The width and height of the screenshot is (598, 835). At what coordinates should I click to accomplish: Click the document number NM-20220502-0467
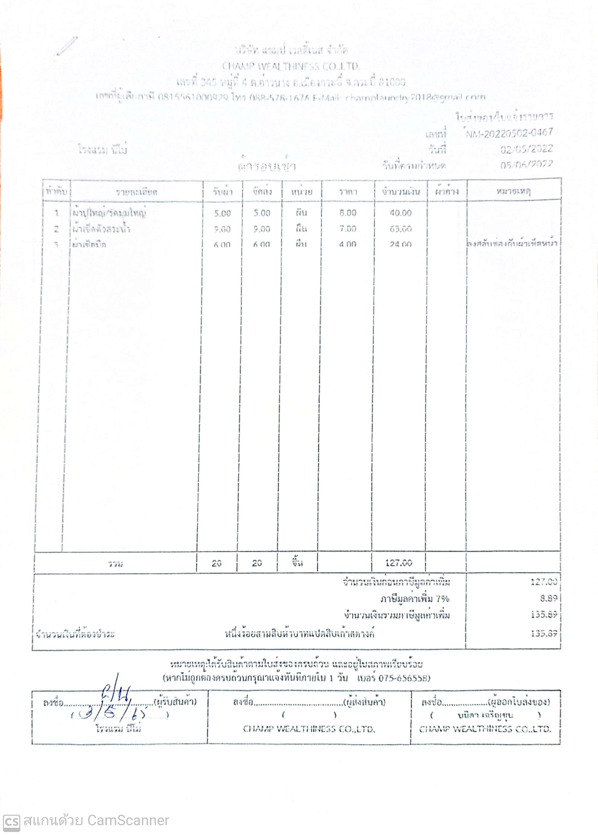509,133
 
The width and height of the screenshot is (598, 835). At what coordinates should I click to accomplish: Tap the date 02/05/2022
526,149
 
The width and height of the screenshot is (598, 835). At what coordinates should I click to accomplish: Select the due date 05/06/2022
526,165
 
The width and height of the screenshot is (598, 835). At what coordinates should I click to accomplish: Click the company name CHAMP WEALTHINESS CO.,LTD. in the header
291,66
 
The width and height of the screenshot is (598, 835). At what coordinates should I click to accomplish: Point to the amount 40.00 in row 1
401,213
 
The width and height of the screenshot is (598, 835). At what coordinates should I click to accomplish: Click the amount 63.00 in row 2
401,229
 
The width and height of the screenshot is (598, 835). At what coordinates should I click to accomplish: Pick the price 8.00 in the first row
348,213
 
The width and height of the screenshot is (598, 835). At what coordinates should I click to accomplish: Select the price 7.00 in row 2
348,229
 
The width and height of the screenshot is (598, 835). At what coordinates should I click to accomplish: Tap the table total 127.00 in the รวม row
398,563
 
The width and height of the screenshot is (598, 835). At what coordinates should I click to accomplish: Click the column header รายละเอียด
137,192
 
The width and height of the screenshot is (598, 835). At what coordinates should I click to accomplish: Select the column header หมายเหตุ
513,191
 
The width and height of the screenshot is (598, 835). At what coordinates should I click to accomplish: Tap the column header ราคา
348,192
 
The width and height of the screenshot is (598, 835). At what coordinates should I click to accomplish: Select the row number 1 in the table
56,213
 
